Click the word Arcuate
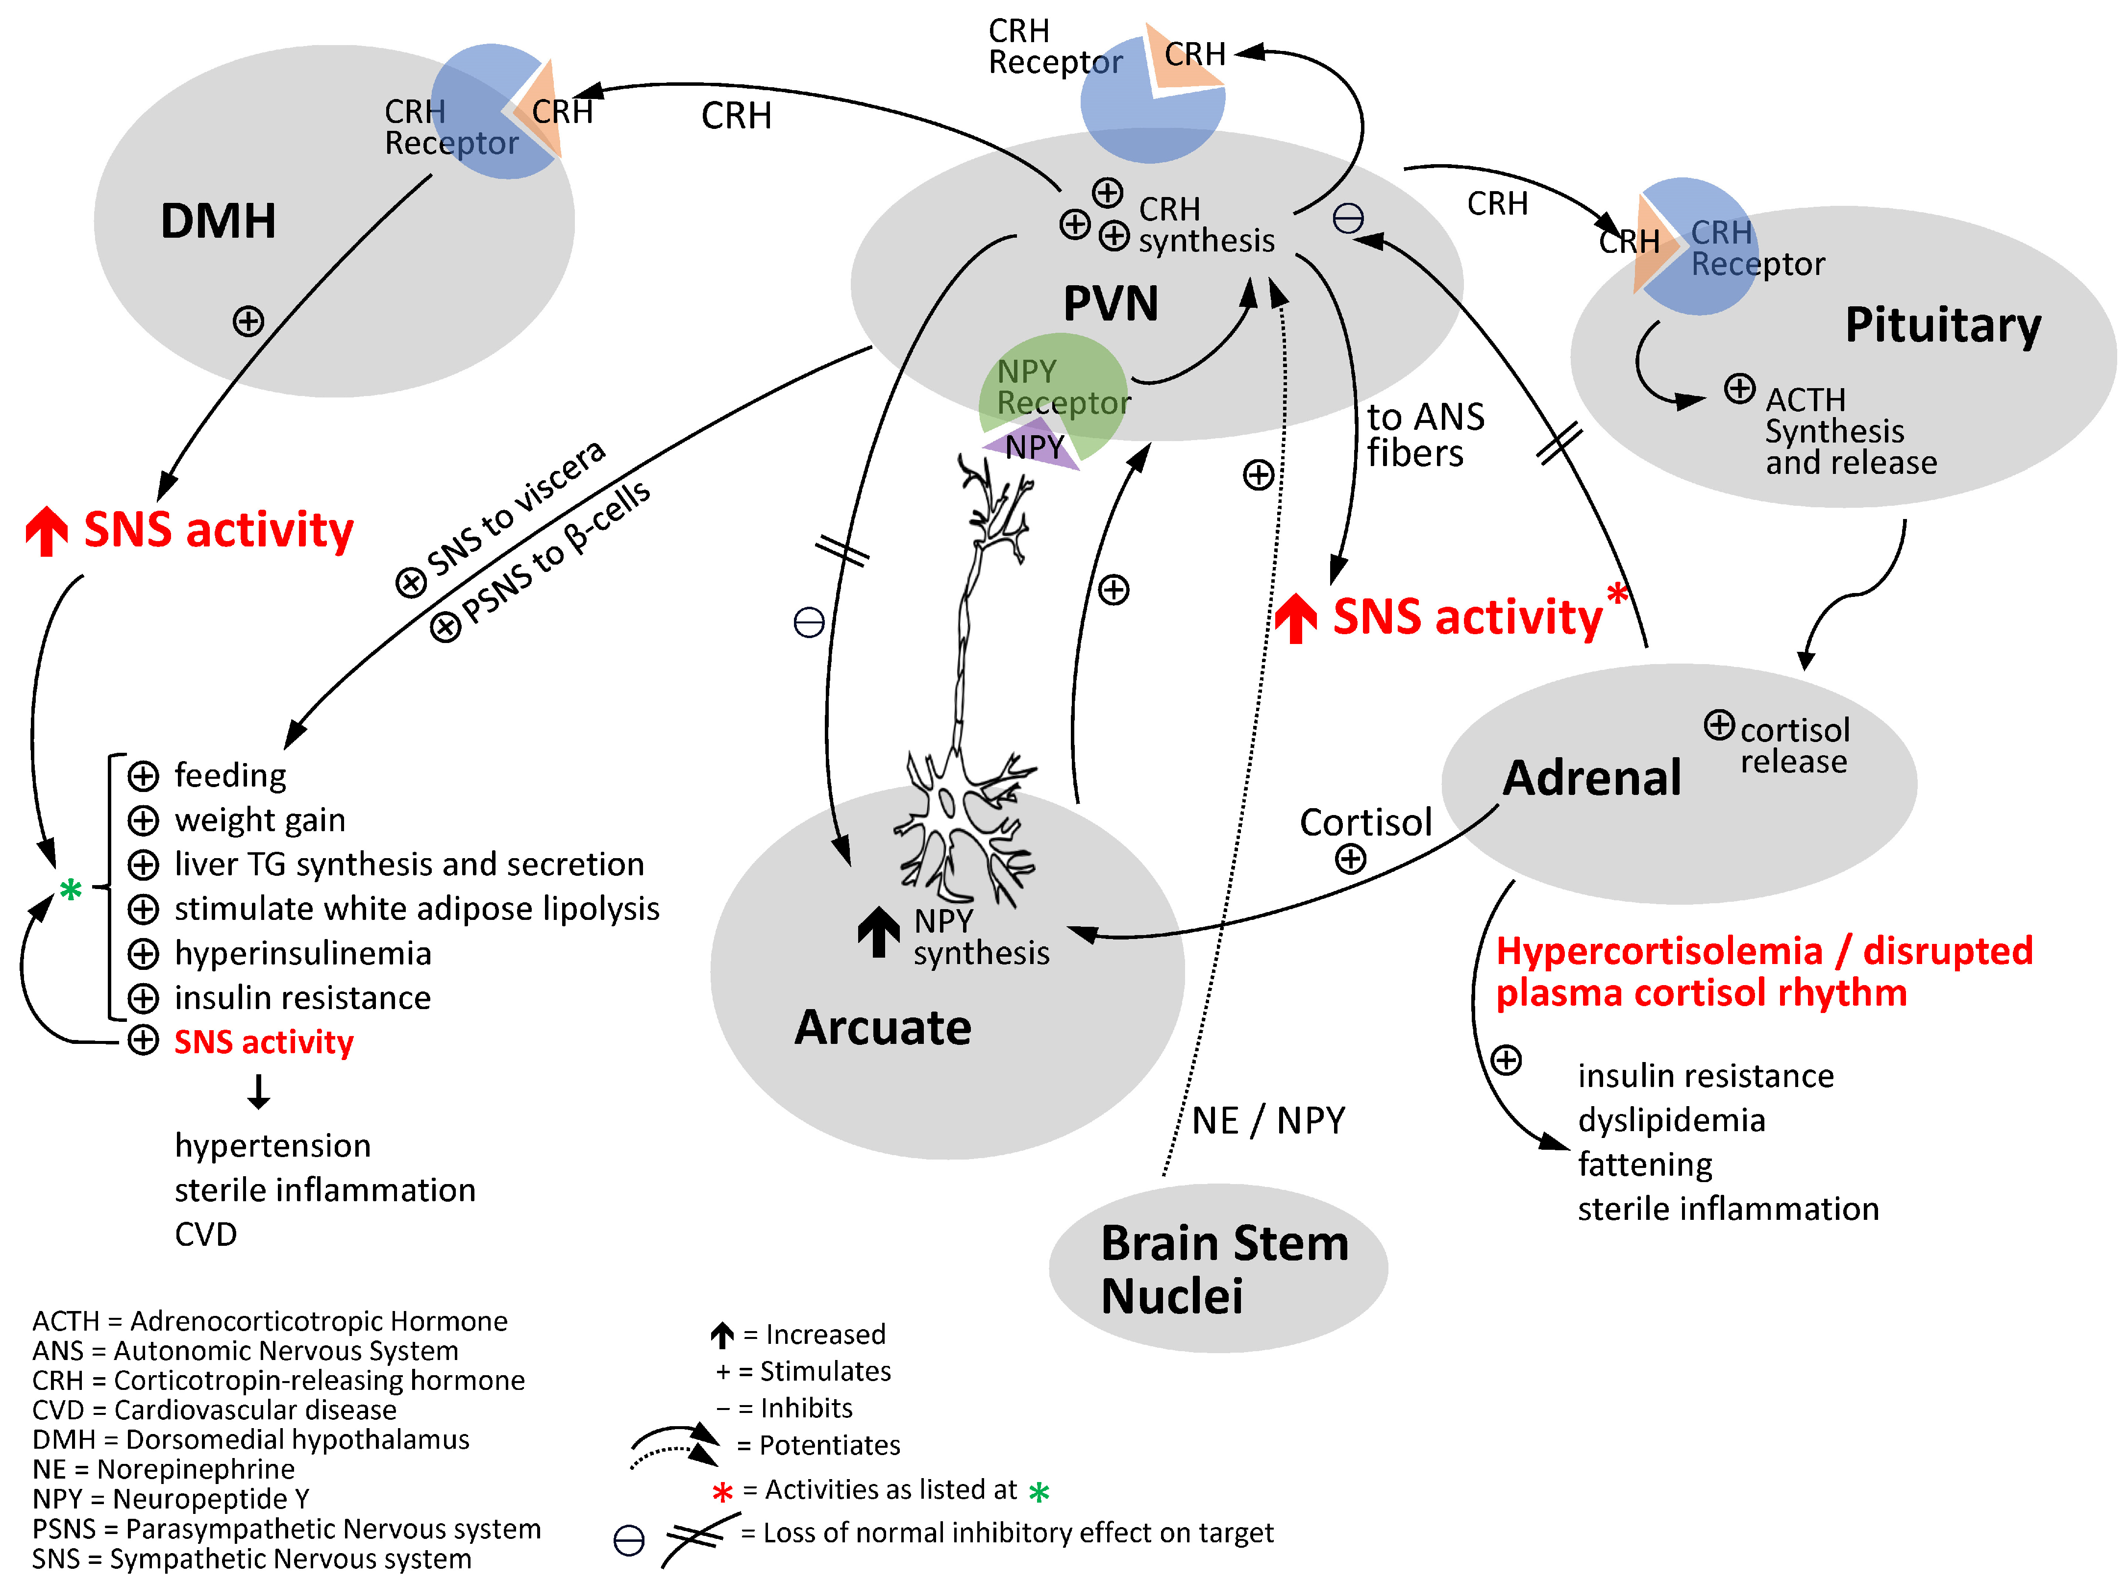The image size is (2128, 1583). pos(883,1027)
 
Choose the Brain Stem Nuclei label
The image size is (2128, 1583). pos(1224,1270)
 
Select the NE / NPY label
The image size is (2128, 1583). pos(1267,1120)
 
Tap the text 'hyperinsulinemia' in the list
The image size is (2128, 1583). pos(303,953)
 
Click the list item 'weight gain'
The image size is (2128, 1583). pos(260,820)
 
